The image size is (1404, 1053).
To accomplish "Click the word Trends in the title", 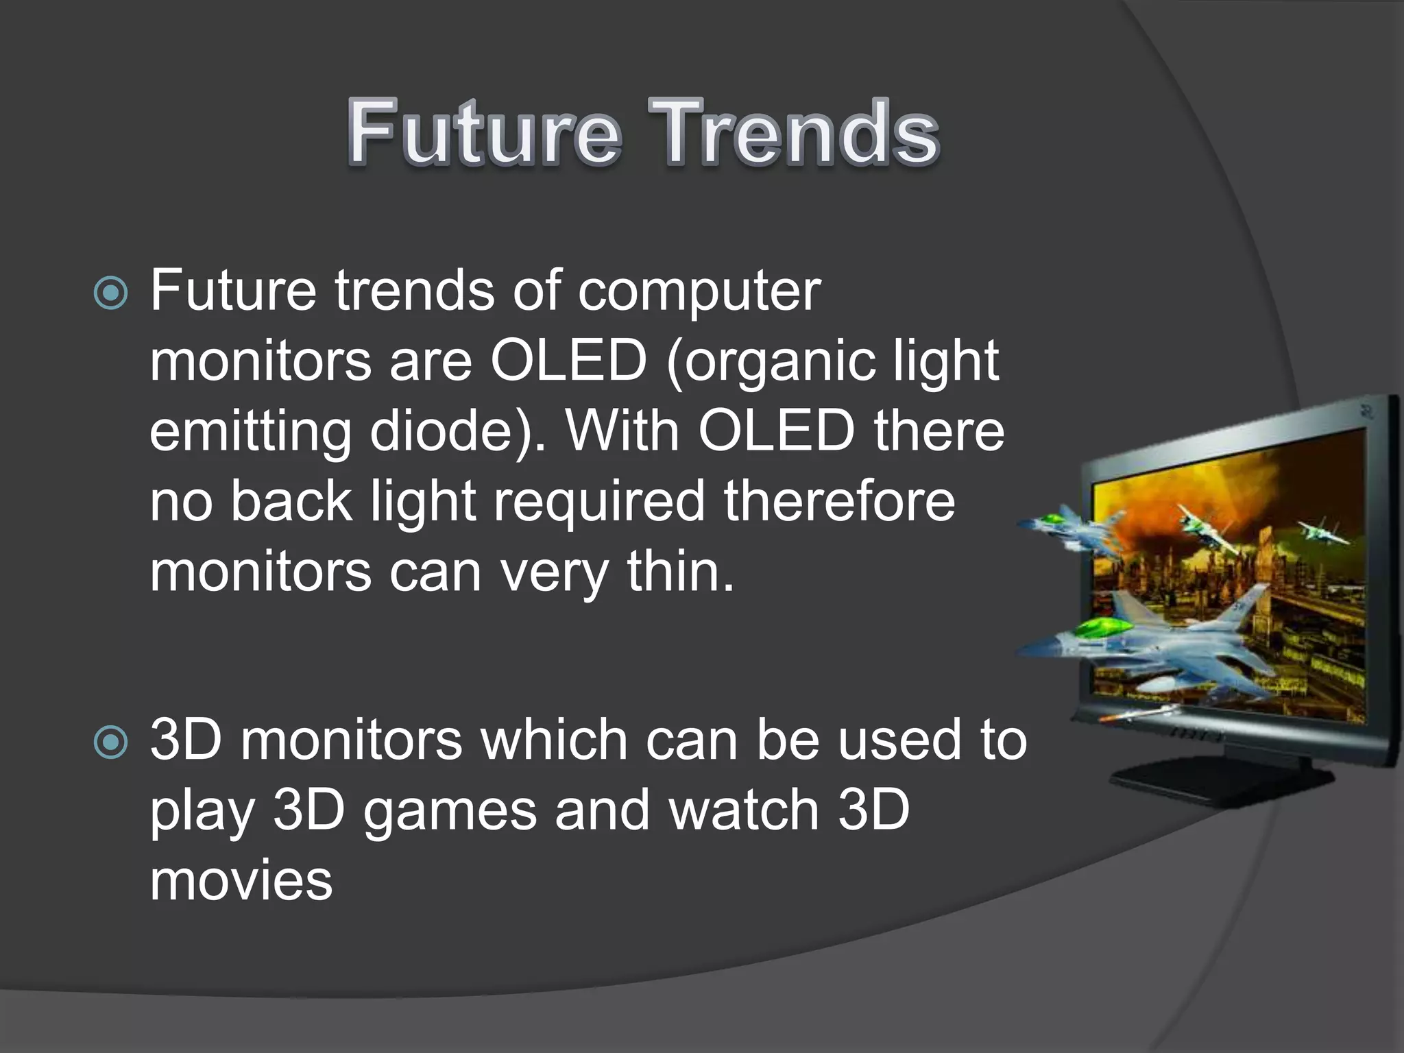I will pyautogui.click(x=794, y=132).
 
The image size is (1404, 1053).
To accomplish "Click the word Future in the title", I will pyautogui.click(x=484, y=132).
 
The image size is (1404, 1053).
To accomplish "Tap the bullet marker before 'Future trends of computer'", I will pyautogui.click(x=110, y=293).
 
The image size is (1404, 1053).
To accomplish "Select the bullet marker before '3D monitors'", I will pyautogui.click(x=110, y=742).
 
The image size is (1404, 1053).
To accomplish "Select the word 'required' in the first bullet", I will pyautogui.click(x=599, y=502).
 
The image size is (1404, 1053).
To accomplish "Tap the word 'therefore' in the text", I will pyautogui.click(x=839, y=502).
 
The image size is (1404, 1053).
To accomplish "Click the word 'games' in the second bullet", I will pyautogui.click(x=450, y=812).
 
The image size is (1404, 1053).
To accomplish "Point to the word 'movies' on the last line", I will pyautogui.click(x=241, y=882).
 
